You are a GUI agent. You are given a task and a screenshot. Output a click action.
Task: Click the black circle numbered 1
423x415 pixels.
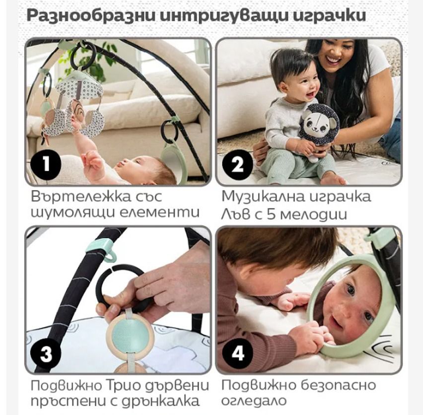pyautogui.click(x=46, y=164)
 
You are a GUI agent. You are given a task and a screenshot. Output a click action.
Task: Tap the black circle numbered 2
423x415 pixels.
pyautogui.click(x=237, y=164)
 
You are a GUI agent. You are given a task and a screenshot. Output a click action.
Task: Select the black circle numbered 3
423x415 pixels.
pyautogui.click(x=46, y=353)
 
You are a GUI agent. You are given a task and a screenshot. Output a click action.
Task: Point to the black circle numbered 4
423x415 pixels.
pyautogui.click(x=237, y=353)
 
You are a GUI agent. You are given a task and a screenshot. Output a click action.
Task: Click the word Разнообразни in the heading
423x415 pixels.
pyautogui.click(x=91, y=16)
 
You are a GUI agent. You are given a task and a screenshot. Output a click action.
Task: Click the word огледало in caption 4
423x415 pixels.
pyautogui.click(x=254, y=401)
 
